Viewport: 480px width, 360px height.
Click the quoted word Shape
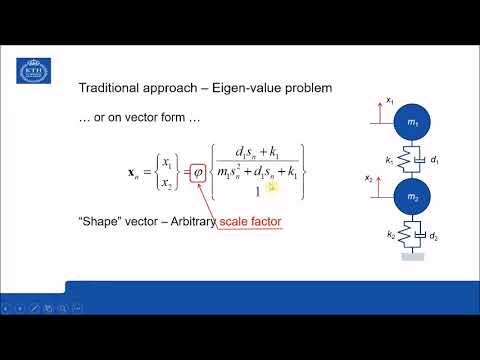click(101, 223)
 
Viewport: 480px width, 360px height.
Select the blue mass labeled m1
click(412, 121)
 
